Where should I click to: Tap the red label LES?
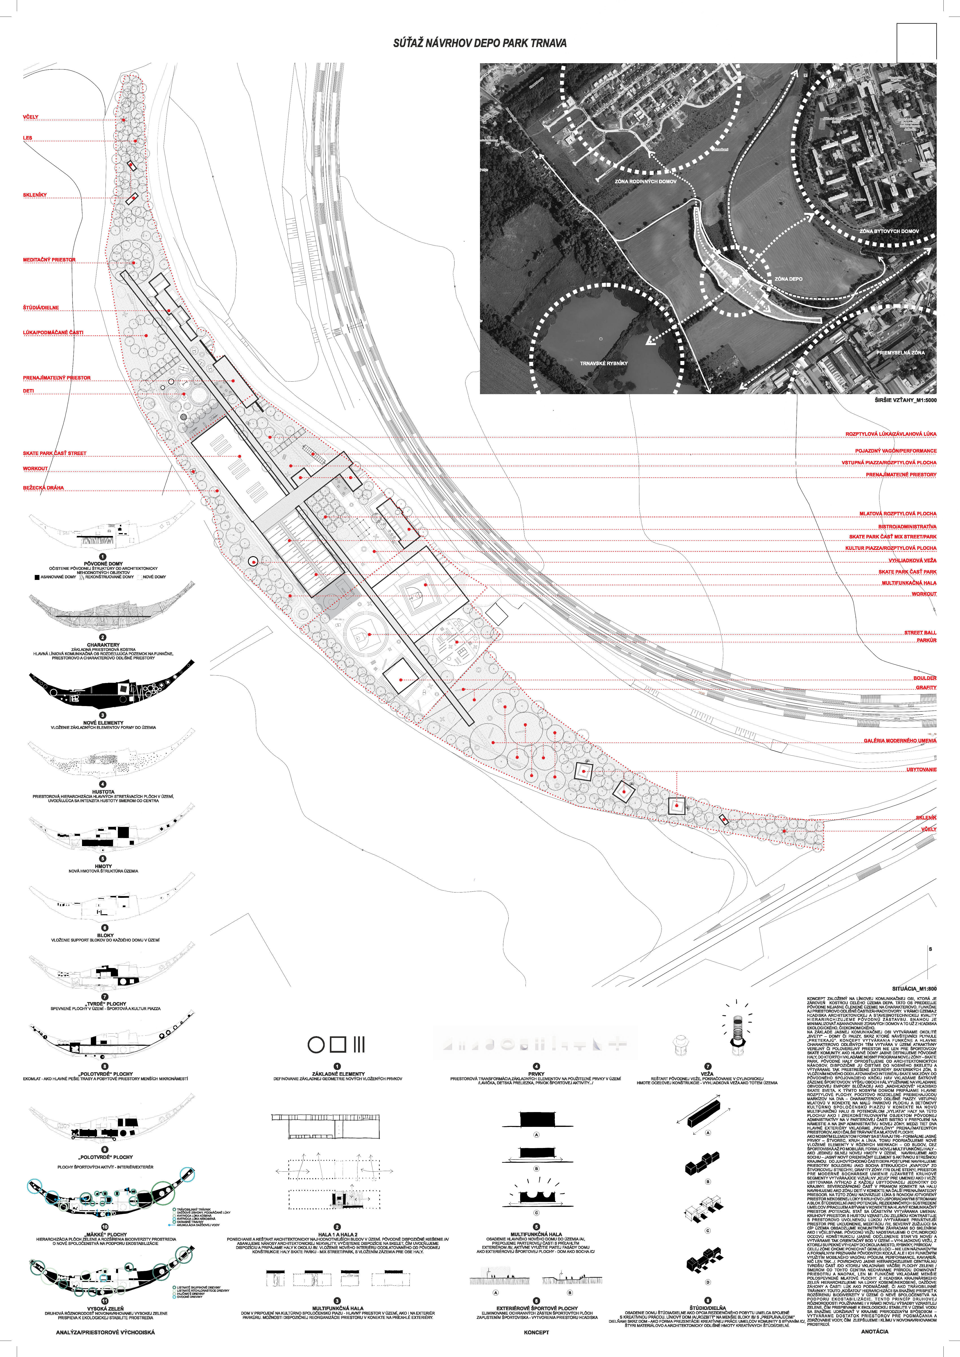28,138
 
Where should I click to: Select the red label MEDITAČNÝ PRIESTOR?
49,259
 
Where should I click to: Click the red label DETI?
28,391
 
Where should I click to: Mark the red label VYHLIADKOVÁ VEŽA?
912,560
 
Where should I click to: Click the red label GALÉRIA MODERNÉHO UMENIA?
900,741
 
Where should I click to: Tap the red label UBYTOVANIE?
921,769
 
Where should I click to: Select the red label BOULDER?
925,678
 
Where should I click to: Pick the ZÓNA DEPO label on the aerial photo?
789,278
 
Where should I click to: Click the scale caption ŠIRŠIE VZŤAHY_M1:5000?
905,400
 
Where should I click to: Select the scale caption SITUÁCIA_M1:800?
914,988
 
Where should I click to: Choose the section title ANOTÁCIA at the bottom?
874,1332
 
